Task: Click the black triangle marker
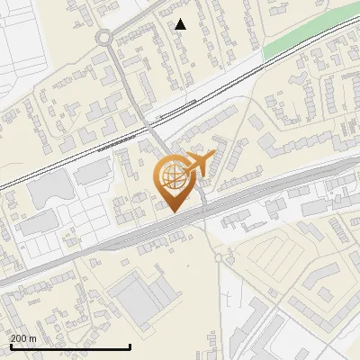tap(181, 24)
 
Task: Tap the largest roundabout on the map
tap(104, 39)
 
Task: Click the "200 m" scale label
tap(24, 338)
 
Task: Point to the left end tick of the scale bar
tap(10, 346)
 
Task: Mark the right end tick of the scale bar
tap(131, 346)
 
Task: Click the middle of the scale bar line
tap(70, 346)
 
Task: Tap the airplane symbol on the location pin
tap(200, 163)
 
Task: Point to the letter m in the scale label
tap(33, 338)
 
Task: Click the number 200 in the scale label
tap(20, 338)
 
